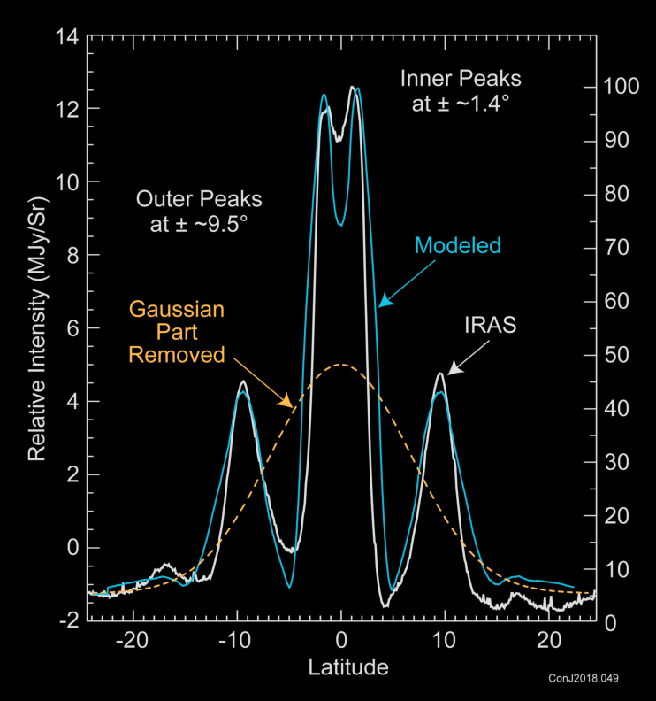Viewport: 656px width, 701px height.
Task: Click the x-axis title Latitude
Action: click(347, 664)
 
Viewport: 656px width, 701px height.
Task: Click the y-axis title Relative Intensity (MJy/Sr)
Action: click(36, 329)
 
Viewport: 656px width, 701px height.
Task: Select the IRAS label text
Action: click(490, 327)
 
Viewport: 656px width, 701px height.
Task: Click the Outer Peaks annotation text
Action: click(199, 209)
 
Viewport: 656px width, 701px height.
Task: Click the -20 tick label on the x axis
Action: click(131, 640)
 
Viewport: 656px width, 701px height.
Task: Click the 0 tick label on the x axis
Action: click(341, 640)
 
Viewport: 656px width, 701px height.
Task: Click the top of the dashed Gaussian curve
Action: click(341, 365)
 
